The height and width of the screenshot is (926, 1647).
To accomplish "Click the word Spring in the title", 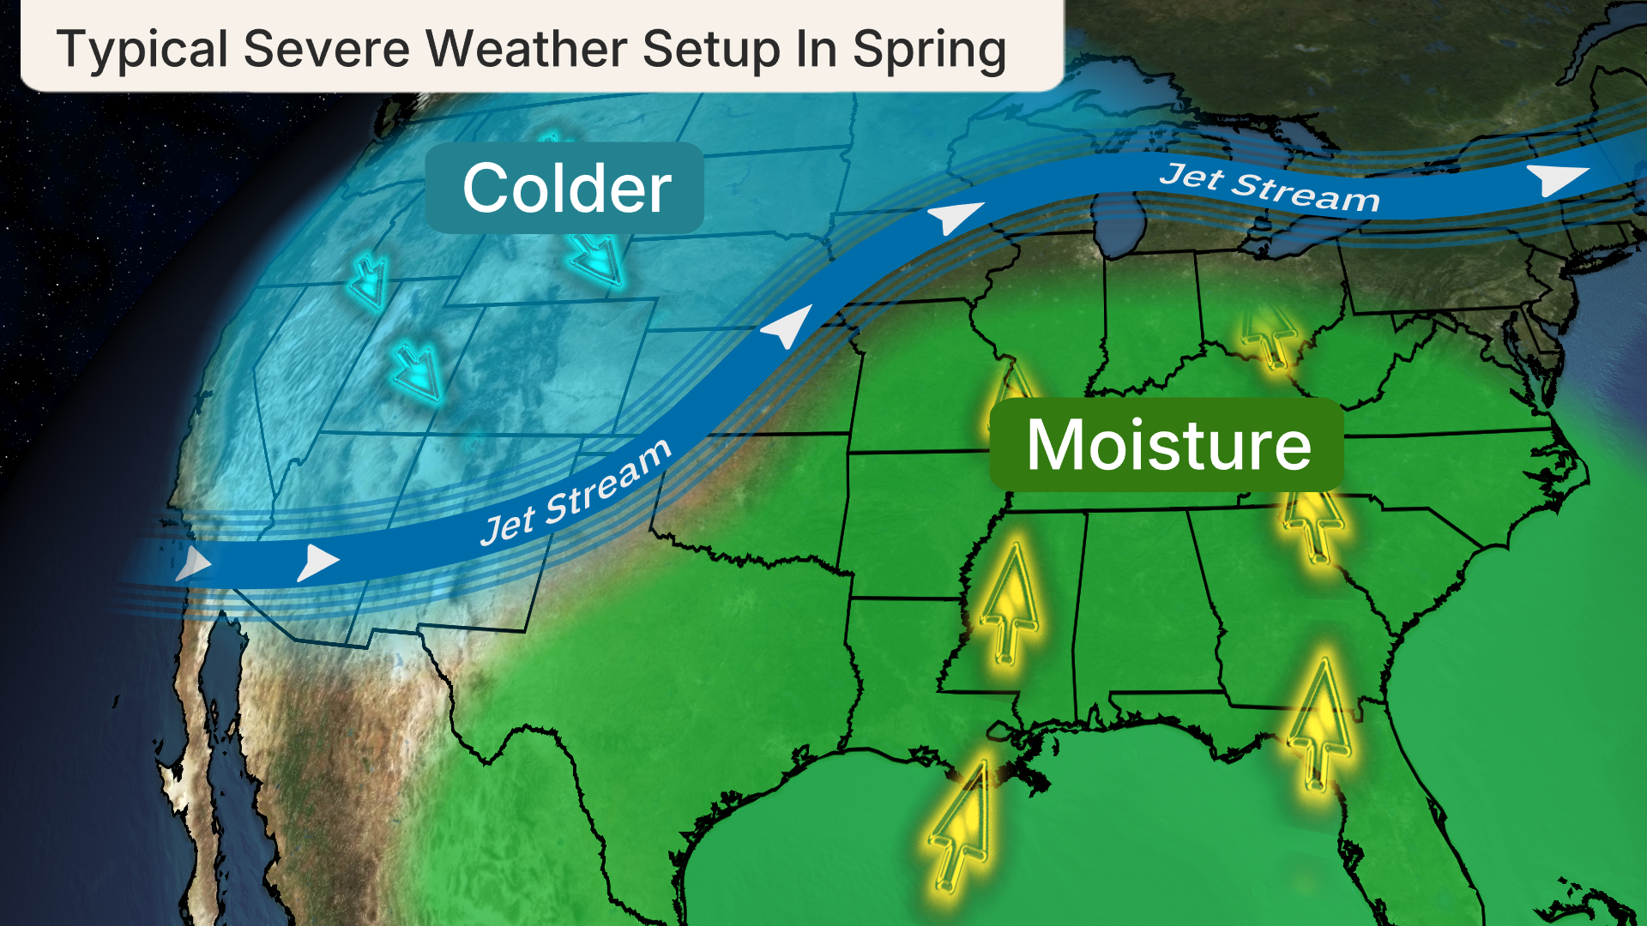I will point(929,49).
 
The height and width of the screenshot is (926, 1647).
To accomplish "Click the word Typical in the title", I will point(142,49).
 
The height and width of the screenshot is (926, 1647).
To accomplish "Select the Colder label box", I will point(565,189).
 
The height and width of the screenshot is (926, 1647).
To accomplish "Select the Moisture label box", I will point(1167,445).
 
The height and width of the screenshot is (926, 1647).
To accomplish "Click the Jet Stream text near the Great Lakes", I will point(1270,187).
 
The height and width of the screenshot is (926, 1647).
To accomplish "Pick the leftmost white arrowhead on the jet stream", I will point(194,564).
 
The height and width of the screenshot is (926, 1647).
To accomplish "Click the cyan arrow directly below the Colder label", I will point(597,259).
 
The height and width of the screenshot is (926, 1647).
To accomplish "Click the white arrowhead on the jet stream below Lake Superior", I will point(954,216).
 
